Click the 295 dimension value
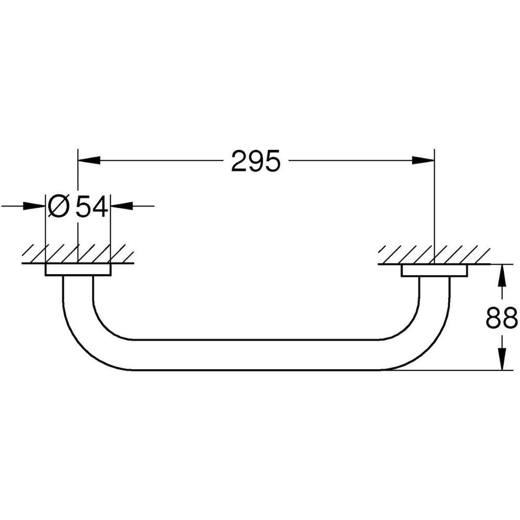point(256,162)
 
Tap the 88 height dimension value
point(502,318)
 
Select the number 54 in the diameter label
point(92,206)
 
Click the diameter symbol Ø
point(58,206)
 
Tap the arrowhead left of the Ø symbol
point(35,206)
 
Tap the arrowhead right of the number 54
point(122,206)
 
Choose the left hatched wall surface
point(78,254)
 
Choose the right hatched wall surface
point(434,254)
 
